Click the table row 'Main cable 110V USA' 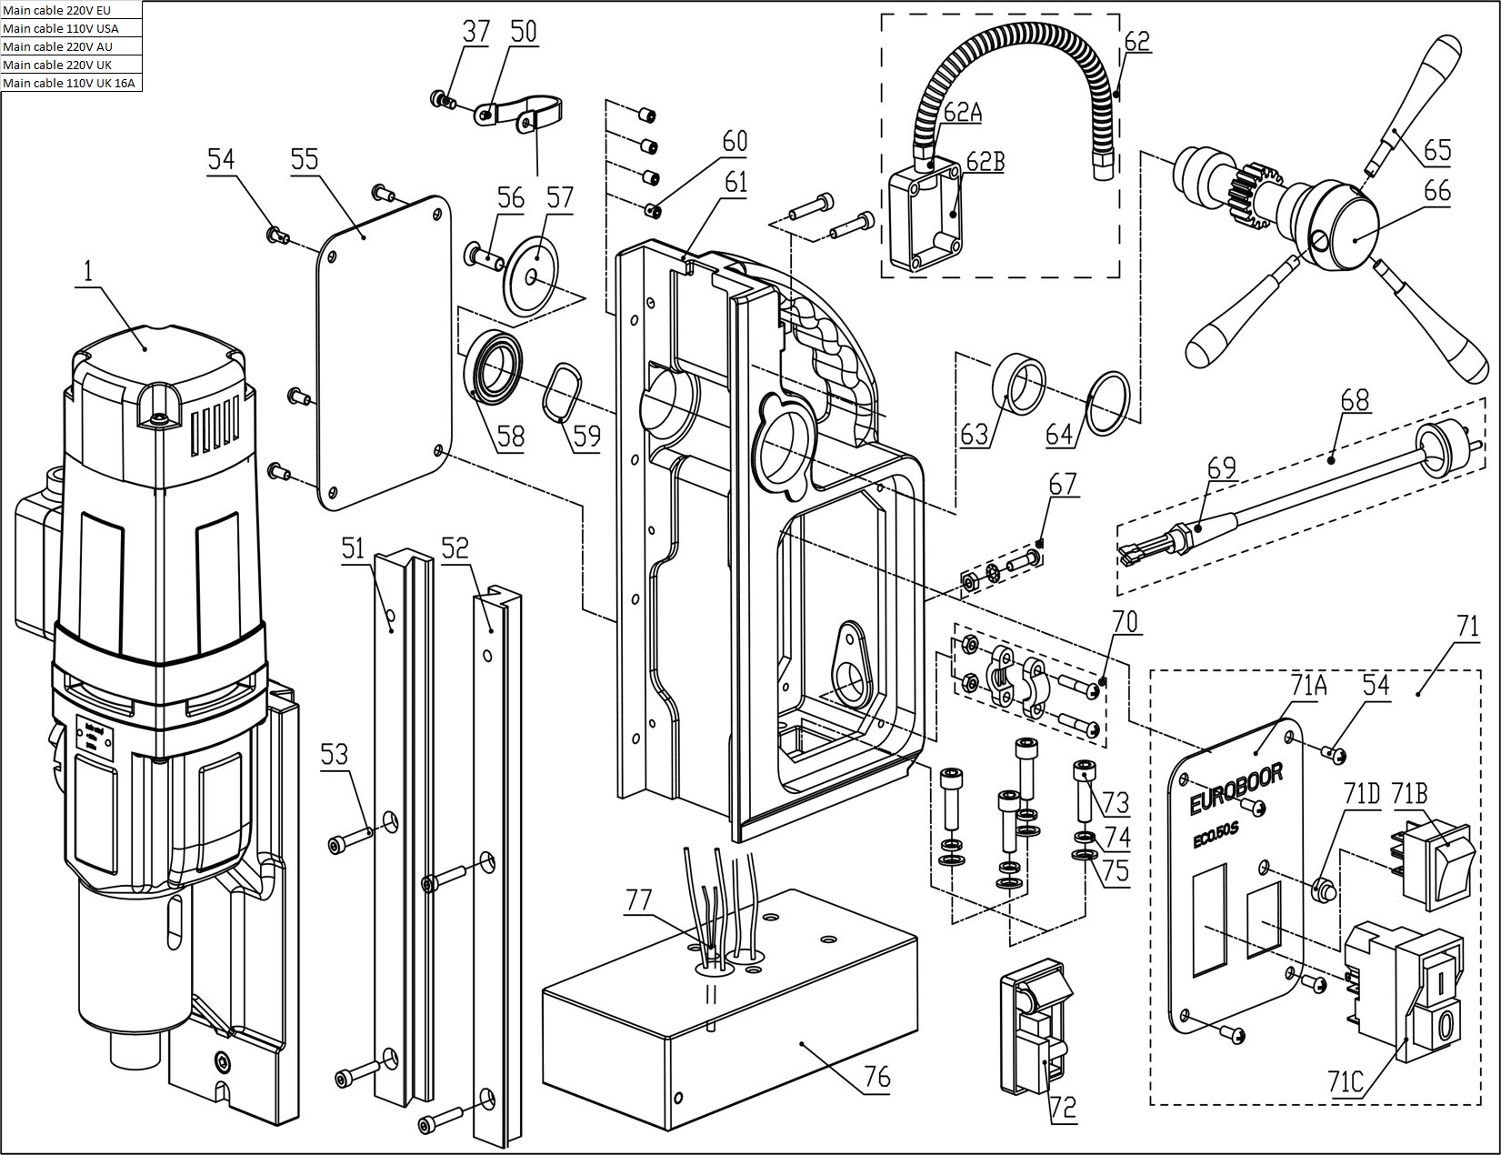point(71,28)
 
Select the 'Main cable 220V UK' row point(71,65)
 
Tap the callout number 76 point(876,1078)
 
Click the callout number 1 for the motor point(88,271)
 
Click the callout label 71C point(1346,1082)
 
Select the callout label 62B point(986,162)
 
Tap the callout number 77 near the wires point(639,899)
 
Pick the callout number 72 point(1062,1108)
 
